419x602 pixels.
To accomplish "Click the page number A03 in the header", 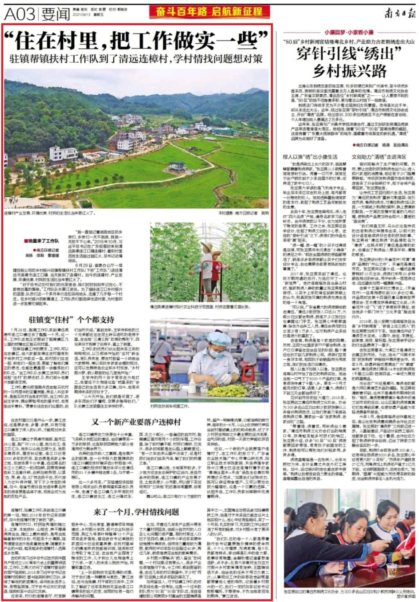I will pyautogui.click(x=19, y=14).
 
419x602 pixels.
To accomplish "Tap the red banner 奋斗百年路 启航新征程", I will pyautogui.click(x=209, y=12).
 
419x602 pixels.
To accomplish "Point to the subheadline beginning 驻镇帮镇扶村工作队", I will pyautogui.click(x=136, y=59).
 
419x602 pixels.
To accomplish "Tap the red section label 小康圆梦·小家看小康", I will pyautogui.click(x=349, y=33).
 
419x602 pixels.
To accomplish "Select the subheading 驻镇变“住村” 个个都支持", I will pyautogui.click(x=71, y=320).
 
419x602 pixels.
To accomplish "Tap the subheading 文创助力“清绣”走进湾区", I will pyautogui.click(x=379, y=157).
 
